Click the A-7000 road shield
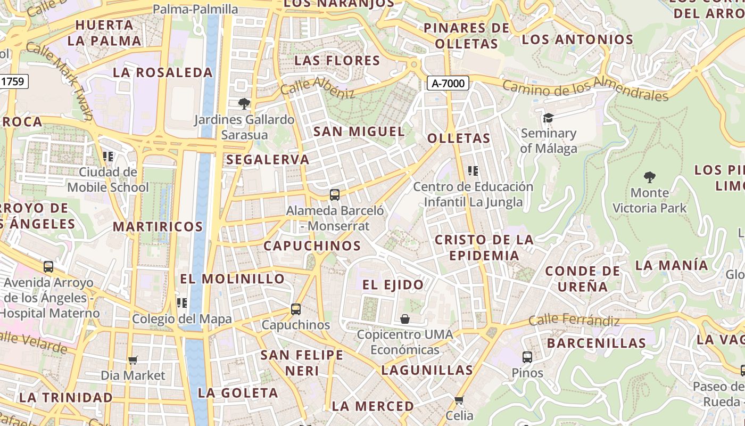pos(448,83)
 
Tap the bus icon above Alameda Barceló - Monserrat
pos(334,195)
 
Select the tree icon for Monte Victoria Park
pos(649,177)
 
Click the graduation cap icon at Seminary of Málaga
pos(548,118)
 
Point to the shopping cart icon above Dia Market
pos(133,361)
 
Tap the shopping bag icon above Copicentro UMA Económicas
pos(405,319)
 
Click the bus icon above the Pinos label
pos(527,357)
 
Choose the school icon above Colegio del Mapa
pos(182,303)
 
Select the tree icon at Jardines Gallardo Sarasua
pos(244,103)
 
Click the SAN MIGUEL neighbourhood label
pos(359,132)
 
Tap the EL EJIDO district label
pos(393,285)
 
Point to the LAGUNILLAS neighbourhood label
pos(427,370)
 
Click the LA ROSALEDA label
pos(163,72)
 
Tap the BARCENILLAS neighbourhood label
pos(596,343)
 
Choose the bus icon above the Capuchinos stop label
pos(296,309)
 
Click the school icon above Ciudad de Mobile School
pos(108,157)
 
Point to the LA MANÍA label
pos(672,265)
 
